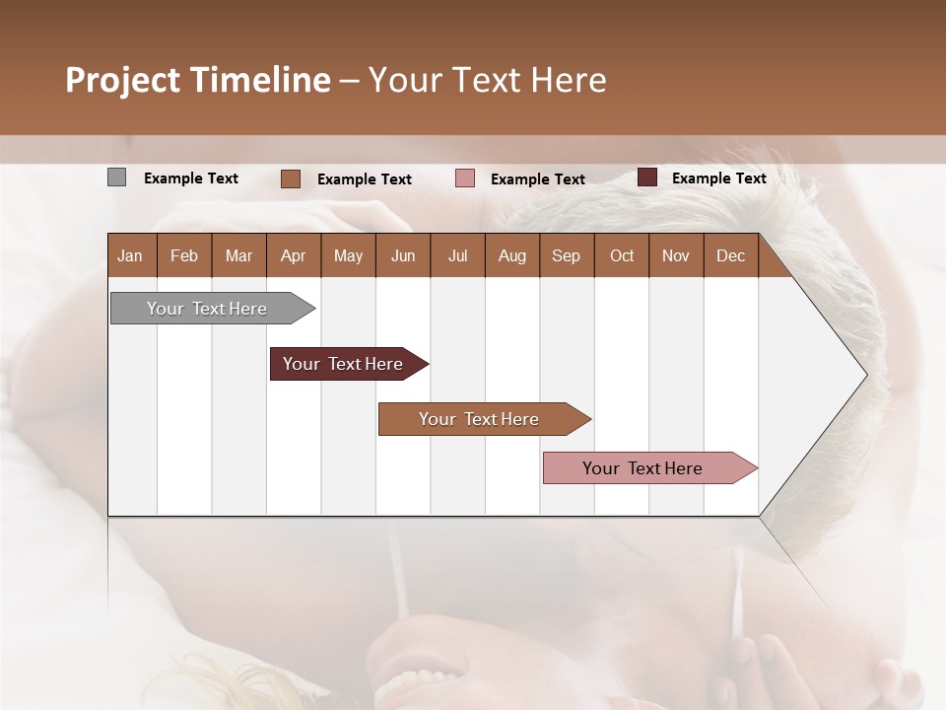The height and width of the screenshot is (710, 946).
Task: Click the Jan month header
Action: click(x=131, y=255)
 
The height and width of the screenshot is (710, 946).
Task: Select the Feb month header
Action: click(x=184, y=255)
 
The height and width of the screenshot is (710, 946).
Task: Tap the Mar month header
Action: click(x=238, y=255)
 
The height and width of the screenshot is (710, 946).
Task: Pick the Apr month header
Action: click(x=294, y=255)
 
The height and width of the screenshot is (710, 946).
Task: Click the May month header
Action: click(x=348, y=255)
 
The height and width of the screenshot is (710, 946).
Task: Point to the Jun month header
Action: click(x=403, y=255)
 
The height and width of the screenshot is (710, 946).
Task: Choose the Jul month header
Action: click(x=457, y=255)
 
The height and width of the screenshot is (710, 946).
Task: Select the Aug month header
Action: click(x=512, y=255)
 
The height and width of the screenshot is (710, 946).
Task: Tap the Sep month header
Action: click(x=567, y=255)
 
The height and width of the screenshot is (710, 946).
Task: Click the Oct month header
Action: click(x=622, y=255)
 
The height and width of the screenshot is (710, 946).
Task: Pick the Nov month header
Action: click(x=676, y=255)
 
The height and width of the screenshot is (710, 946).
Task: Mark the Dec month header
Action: click(x=731, y=255)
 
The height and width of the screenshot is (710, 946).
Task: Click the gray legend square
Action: click(x=116, y=177)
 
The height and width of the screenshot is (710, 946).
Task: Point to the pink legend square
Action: click(x=465, y=178)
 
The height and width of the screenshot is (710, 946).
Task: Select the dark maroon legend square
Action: click(x=647, y=177)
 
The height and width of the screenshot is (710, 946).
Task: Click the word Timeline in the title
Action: click(x=260, y=80)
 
